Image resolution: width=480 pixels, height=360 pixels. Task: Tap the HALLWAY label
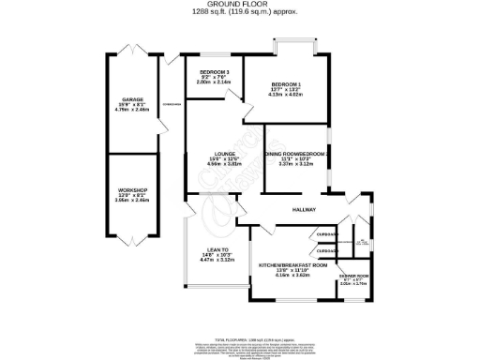tap(304, 210)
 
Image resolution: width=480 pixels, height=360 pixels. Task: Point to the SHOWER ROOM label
tap(352, 276)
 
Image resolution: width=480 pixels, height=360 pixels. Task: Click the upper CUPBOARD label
tap(326, 235)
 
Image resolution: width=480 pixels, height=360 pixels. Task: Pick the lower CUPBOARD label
tap(326, 251)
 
